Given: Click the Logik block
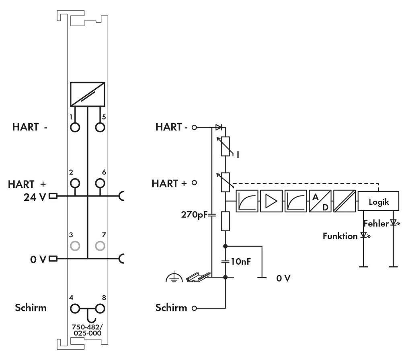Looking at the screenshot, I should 379,202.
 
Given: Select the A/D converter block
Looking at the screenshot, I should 320,201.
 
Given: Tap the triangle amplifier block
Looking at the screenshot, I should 271,201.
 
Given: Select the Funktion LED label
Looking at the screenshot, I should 340,236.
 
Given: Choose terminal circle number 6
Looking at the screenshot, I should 100,184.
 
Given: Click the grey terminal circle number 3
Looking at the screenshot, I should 75,245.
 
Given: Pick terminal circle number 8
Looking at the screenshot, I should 100,309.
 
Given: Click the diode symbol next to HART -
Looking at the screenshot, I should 218,128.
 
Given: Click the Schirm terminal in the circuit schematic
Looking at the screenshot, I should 195,309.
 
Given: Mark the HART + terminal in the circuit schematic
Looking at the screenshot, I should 195,183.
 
